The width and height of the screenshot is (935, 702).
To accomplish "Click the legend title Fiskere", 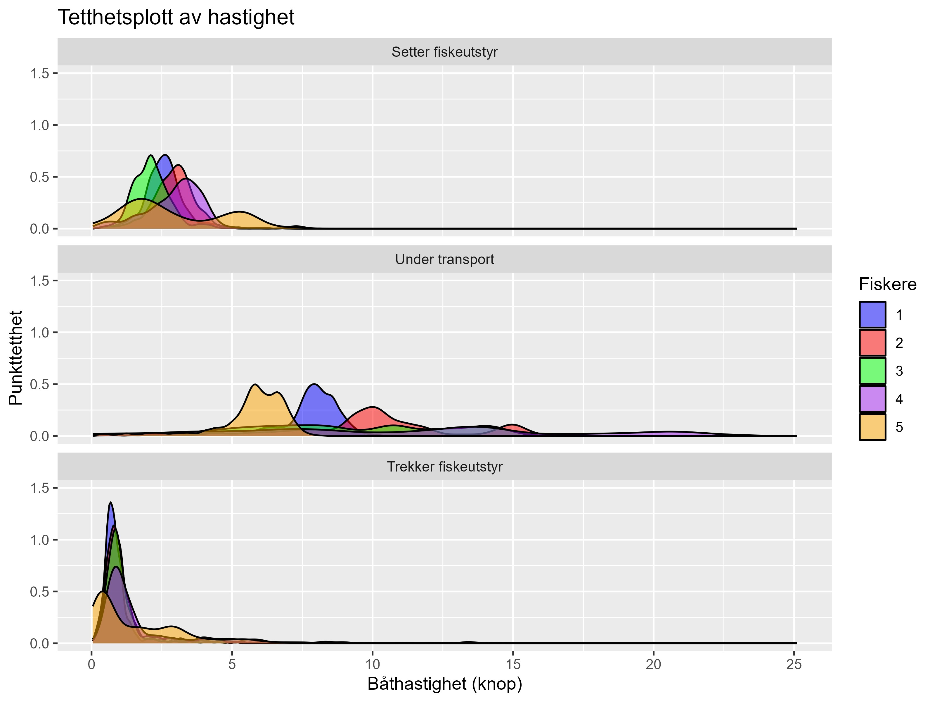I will click(887, 284).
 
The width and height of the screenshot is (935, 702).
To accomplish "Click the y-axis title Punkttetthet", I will click(16, 358).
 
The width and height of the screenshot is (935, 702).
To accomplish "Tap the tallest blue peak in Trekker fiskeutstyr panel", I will click(111, 504).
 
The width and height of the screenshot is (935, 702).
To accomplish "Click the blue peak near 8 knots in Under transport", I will click(314, 385).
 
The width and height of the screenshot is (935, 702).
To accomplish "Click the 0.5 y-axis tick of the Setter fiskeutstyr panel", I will click(40, 177).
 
